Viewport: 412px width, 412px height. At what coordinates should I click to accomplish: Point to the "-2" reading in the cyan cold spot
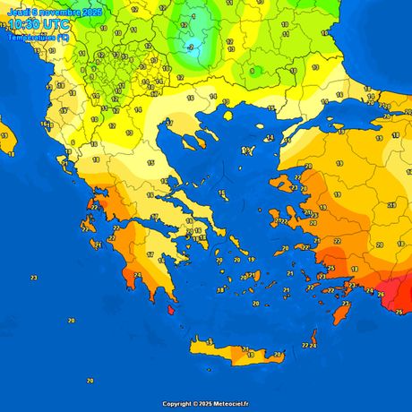[190, 47]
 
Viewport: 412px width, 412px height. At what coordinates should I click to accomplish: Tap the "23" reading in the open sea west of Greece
[33, 279]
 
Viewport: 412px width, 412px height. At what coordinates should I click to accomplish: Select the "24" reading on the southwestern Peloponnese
[137, 275]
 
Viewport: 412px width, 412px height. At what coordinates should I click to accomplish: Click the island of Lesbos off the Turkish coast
[285, 183]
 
